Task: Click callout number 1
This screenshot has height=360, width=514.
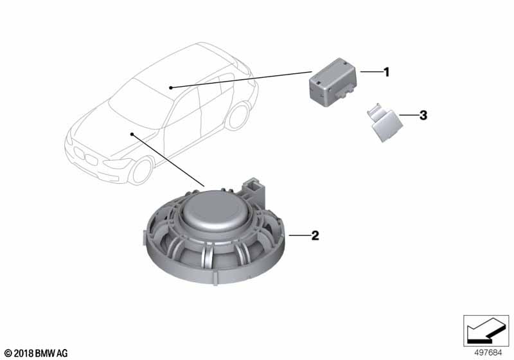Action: [x=386, y=73]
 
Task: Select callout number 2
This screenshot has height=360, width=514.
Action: [x=315, y=236]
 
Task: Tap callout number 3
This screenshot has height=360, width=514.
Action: [x=422, y=116]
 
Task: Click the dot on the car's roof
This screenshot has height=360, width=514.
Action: [x=170, y=87]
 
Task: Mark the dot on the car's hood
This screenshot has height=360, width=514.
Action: [x=132, y=134]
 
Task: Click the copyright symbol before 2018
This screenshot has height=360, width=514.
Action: [x=7, y=352]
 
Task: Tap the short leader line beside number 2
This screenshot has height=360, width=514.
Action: [x=298, y=236]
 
